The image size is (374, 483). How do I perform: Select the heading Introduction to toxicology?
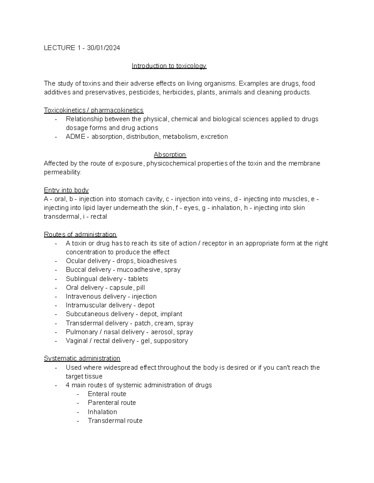169,66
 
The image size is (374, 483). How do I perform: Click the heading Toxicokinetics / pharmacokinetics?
93,110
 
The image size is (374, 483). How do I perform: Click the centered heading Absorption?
170,155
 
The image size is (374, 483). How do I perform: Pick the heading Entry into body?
66,190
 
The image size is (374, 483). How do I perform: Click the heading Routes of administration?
80,234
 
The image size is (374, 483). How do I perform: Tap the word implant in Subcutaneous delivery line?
171,314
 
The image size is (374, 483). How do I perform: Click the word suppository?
170,341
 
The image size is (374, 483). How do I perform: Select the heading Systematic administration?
82,358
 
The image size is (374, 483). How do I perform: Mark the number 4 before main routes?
68,385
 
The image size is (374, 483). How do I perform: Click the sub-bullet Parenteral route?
112,403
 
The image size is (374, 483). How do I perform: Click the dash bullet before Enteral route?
78,394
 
